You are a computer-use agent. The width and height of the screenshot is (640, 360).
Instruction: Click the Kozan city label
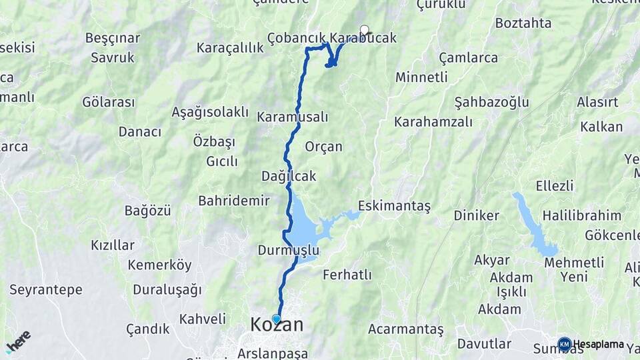tap(277, 325)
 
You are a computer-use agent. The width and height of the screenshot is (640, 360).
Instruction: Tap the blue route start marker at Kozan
tap(276, 319)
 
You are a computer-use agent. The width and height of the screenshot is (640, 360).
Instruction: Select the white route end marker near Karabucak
tap(364, 29)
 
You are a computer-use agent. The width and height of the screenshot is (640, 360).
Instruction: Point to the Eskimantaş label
tap(394, 207)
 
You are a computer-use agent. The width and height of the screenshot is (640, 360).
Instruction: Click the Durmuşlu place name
tap(288, 251)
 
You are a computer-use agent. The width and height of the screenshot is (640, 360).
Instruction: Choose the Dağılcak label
tap(289, 176)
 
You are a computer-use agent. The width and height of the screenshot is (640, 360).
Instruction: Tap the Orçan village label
tap(323, 147)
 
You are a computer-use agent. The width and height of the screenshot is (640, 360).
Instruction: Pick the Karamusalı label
tap(293, 117)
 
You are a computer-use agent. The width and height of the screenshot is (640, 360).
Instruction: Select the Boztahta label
tap(523, 23)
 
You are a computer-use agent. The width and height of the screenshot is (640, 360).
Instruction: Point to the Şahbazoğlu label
tap(491, 102)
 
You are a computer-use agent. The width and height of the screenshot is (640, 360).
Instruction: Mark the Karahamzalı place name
tap(433, 122)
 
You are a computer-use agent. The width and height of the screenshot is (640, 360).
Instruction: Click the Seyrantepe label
tap(45, 289)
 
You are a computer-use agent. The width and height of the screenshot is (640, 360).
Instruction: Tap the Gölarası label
tap(109, 102)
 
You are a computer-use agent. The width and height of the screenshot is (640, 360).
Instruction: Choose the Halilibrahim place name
tap(581, 215)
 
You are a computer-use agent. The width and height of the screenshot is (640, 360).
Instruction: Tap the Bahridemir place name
tap(233, 201)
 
